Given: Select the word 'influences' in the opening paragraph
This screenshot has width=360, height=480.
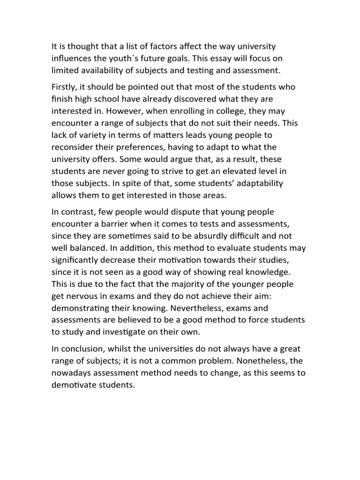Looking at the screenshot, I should (x=73, y=59).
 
